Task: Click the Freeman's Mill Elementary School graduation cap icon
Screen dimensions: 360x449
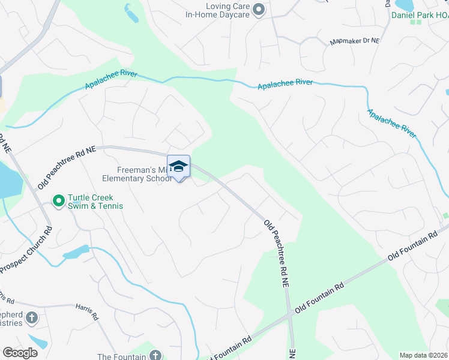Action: [x=178, y=166]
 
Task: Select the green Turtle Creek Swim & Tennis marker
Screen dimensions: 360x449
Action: [x=58, y=201]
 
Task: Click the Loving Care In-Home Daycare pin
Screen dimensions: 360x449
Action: [x=259, y=10]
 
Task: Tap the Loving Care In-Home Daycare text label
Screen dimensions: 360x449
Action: [x=217, y=10]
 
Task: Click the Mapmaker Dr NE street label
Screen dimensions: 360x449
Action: [x=355, y=43]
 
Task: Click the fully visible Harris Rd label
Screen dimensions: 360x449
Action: [x=86, y=310]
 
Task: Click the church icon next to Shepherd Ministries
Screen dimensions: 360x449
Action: [x=32, y=317]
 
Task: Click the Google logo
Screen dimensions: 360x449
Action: [x=20, y=352]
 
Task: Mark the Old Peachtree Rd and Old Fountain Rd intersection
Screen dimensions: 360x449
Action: [x=290, y=313]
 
